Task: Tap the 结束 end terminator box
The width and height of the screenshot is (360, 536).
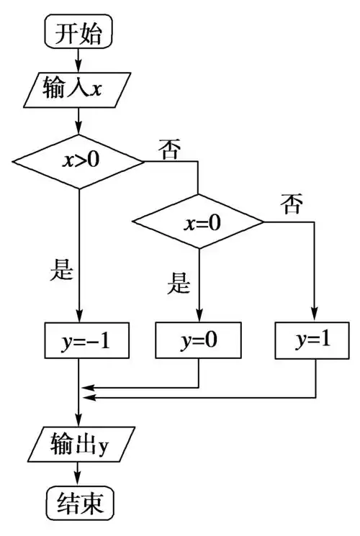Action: [79, 503]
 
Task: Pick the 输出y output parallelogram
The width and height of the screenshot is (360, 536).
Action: [79, 443]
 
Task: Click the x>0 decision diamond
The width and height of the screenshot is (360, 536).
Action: [79, 160]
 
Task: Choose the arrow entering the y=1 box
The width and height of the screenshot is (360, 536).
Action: [315, 288]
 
